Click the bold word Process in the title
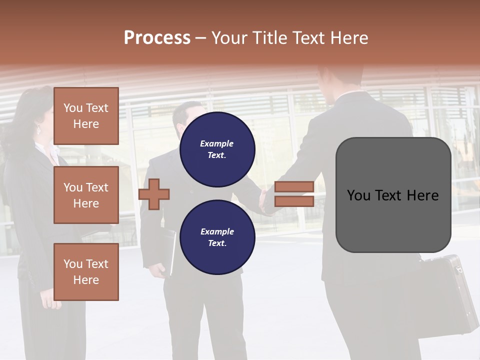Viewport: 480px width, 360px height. click(x=157, y=38)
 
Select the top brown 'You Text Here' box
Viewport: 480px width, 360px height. click(x=86, y=116)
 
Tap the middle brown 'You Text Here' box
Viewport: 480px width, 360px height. click(x=86, y=195)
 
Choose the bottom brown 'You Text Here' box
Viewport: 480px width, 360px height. click(x=86, y=271)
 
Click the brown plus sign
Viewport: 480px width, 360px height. click(x=154, y=194)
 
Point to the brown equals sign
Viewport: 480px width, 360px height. click(x=294, y=194)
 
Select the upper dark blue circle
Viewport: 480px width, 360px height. click(x=217, y=149)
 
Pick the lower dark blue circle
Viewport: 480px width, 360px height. click(x=217, y=237)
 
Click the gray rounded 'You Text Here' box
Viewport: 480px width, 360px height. click(x=393, y=195)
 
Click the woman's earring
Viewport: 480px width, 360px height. click(x=39, y=130)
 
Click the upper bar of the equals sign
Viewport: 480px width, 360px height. click(x=294, y=187)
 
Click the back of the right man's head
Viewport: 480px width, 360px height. click(x=340, y=75)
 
